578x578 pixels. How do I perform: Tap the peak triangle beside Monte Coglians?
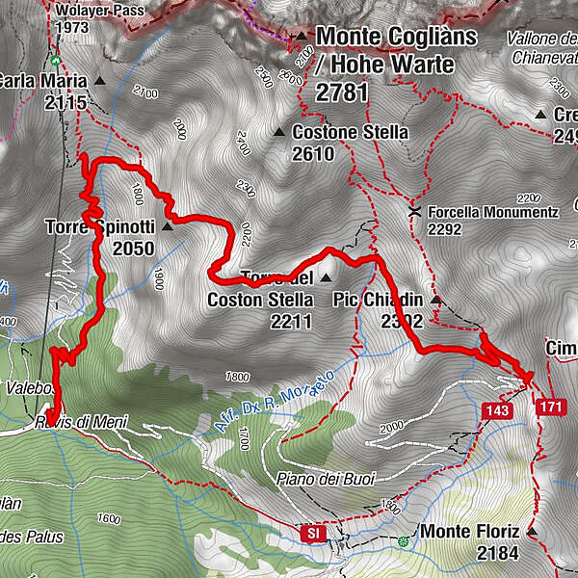pyautogui.click(x=302, y=37)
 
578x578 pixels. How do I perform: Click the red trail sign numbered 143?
pyautogui.click(x=497, y=410)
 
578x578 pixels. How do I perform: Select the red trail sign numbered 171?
pyautogui.click(x=550, y=407)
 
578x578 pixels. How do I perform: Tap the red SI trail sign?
pyautogui.click(x=312, y=532)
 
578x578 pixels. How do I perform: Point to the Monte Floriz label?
pyautogui.click(x=470, y=532)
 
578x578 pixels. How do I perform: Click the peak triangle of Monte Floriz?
pyautogui.click(x=532, y=532)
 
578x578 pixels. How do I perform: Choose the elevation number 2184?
pyautogui.click(x=497, y=553)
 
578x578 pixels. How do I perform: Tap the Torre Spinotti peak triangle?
pyautogui.click(x=167, y=227)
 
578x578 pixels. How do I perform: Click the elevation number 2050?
pyautogui.click(x=132, y=249)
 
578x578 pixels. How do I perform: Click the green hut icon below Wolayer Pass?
pyautogui.click(x=56, y=60)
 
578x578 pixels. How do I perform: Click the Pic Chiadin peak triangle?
pyautogui.click(x=435, y=300)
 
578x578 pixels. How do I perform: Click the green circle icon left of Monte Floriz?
pyautogui.click(x=403, y=541)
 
